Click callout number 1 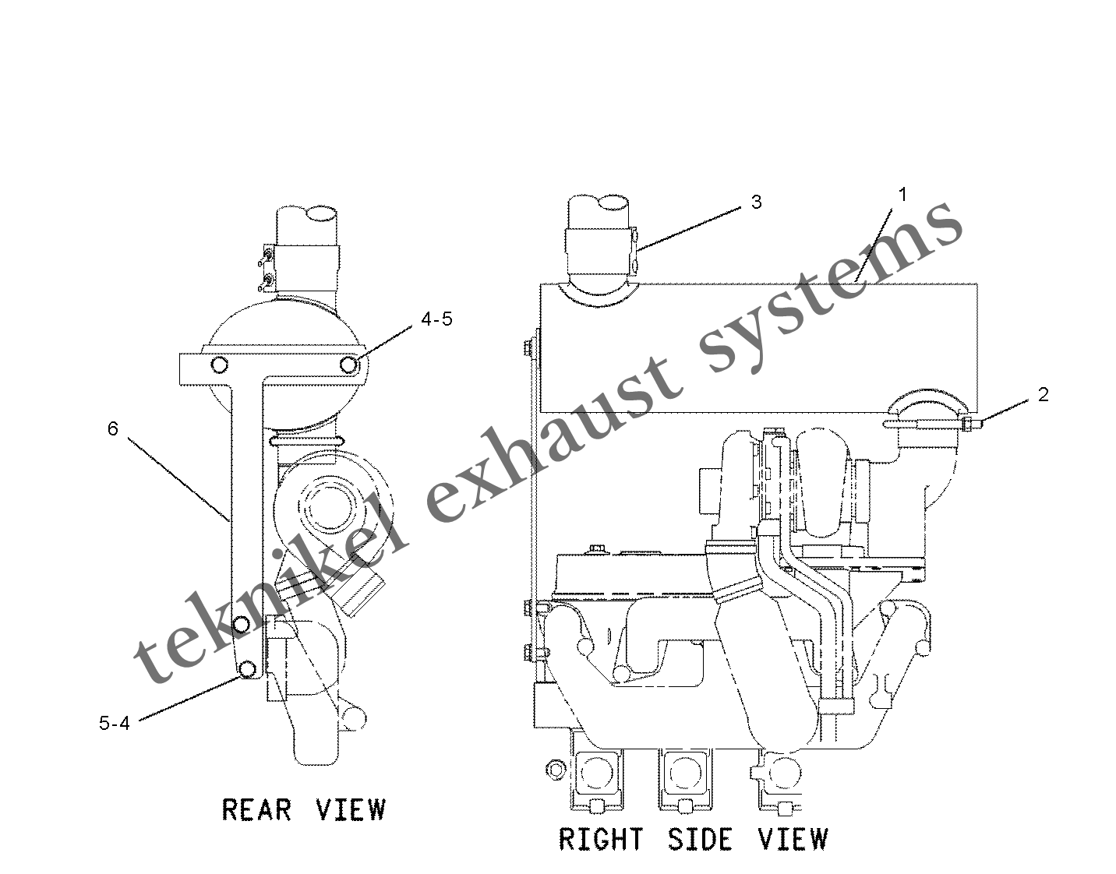click(x=902, y=195)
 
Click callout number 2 click(x=1043, y=395)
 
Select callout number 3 click(x=756, y=203)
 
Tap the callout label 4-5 click(x=436, y=319)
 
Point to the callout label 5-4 click(x=115, y=723)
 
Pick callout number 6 click(x=113, y=428)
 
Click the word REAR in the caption click(x=256, y=810)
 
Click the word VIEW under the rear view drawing click(x=351, y=810)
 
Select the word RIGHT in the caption click(x=601, y=840)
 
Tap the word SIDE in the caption click(x=700, y=840)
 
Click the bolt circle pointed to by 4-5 click(x=349, y=365)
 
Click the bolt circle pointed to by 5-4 click(x=248, y=669)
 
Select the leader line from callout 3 click(x=689, y=229)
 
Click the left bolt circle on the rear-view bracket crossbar click(x=219, y=365)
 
